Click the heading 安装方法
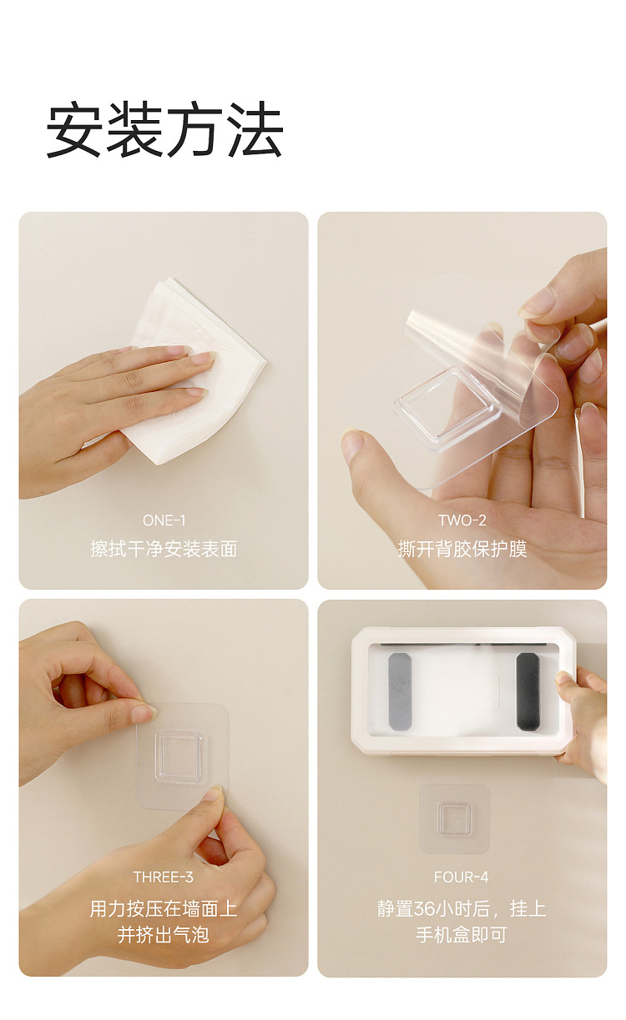click(x=165, y=129)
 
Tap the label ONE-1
click(x=164, y=520)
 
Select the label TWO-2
click(x=462, y=520)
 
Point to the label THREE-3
click(x=163, y=877)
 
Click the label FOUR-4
click(x=461, y=877)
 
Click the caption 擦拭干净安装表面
click(x=164, y=549)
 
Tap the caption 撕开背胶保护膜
click(x=462, y=549)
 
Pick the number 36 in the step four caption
click(x=424, y=909)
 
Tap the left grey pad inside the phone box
click(x=400, y=692)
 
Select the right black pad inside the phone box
click(x=528, y=691)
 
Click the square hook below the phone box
click(x=454, y=819)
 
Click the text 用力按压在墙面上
click(x=164, y=909)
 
